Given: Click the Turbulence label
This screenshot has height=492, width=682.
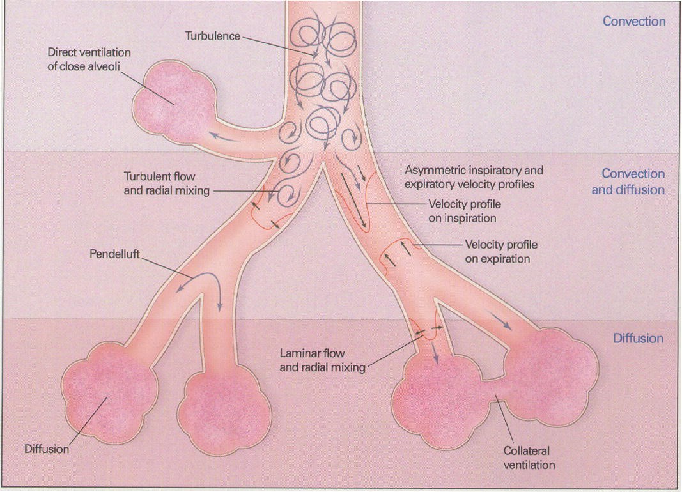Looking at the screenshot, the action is [x=213, y=36].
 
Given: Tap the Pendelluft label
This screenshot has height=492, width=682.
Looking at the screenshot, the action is [x=115, y=254].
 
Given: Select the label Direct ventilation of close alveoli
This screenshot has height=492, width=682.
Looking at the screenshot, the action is [x=89, y=59].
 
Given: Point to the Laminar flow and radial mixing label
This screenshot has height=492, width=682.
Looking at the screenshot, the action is [x=322, y=360].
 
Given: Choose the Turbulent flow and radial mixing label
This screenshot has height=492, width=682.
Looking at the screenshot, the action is [x=167, y=183].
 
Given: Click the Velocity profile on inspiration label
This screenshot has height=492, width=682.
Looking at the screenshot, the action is [x=465, y=211].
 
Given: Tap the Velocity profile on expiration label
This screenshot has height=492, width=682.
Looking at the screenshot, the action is [x=501, y=252].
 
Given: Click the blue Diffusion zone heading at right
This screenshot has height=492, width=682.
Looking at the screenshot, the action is [x=638, y=338].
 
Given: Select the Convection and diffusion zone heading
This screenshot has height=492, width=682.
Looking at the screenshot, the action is [x=628, y=181].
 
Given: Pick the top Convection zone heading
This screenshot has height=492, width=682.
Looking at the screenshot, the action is [x=634, y=21].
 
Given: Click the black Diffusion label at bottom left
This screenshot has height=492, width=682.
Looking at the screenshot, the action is [x=47, y=449].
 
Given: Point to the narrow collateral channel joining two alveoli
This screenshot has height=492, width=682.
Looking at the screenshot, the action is [x=495, y=388].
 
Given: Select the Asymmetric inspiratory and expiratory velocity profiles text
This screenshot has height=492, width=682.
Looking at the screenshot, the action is [x=474, y=177].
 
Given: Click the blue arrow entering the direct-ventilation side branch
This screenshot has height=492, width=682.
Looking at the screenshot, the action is [x=224, y=137].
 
